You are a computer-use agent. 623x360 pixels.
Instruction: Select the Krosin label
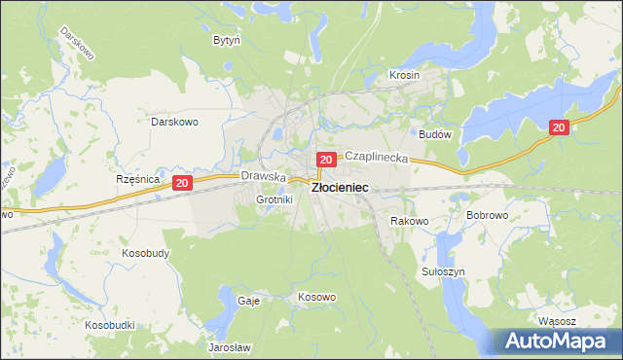pyautogui.click(x=404, y=75)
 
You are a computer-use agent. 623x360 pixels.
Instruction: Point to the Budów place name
pyautogui.click(x=434, y=135)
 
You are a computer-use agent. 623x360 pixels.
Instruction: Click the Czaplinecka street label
pyautogui.click(x=376, y=156)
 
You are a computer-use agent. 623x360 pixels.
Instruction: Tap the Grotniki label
pyautogui.click(x=274, y=199)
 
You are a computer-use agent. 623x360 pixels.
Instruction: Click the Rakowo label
pyautogui.click(x=410, y=221)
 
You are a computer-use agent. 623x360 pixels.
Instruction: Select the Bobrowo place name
pyautogui.click(x=488, y=214)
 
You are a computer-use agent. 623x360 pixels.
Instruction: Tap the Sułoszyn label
pyautogui.click(x=445, y=271)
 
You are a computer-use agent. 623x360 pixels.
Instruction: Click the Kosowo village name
pyautogui.click(x=316, y=297)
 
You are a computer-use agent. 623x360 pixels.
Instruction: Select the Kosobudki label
pyautogui.click(x=109, y=324)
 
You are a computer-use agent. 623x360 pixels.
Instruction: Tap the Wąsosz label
pyautogui.click(x=557, y=320)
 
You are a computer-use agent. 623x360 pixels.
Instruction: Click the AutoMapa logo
pyautogui.click(x=556, y=341)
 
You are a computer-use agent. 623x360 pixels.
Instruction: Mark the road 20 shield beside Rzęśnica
pyautogui.click(x=181, y=182)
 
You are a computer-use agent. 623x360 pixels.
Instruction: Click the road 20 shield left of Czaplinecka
pyautogui.click(x=326, y=159)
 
